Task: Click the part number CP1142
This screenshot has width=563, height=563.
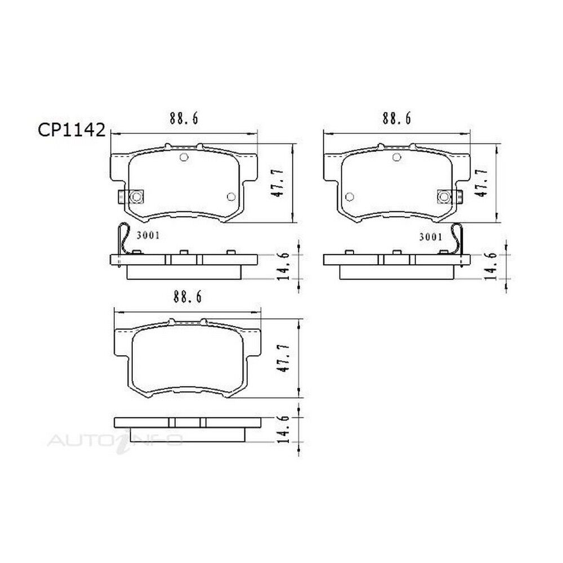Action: pos(72,130)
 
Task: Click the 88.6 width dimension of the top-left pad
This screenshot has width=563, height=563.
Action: pos(184,118)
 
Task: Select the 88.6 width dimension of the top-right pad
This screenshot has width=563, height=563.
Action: pos(397,118)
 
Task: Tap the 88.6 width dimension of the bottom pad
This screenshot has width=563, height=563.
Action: pos(188,297)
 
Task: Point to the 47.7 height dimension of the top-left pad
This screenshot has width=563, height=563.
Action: pos(278,183)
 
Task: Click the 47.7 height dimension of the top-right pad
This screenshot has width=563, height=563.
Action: pos(481,183)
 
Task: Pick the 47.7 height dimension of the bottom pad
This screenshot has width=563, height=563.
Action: pos(284,358)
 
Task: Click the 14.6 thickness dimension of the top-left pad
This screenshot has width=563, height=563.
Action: pos(283,266)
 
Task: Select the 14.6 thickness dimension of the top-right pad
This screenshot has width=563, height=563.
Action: pos(491,266)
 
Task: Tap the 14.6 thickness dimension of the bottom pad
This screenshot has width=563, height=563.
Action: pos(283,430)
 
